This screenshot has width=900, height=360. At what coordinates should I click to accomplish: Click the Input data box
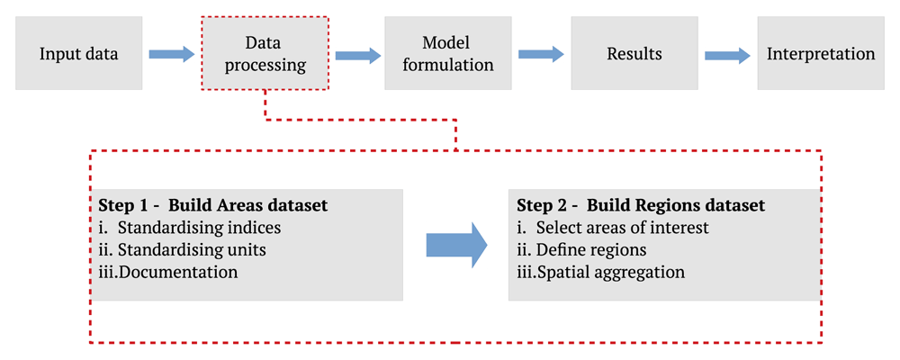pyautogui.click(x=78, y=53)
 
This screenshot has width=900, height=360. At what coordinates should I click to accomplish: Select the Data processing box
pyautogui.click(x=265, y=53)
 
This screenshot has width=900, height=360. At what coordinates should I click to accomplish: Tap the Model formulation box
pyautogui.click(x=448, y=53)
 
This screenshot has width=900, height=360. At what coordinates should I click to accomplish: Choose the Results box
pyautogui.click(x=634, y=53)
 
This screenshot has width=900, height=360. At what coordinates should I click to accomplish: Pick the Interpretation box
pyautogui.click(x=821, y=53)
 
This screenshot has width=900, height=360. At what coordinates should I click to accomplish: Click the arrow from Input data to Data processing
pyautogui.click(x=172, y=54)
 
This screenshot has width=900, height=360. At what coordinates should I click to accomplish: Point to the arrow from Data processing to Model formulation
pyautogui.click(x=358, y=55)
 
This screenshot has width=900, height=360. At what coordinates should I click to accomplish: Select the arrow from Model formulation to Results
pyautogui.click(x=541, y=54)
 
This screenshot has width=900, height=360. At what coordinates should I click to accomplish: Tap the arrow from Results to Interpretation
pyautogui.click(x=728, y=55)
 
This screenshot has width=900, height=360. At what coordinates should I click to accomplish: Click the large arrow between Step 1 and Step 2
pyautogui.click(x=457, y=245)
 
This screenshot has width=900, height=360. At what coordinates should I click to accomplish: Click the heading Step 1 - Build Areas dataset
pyautogui.click(x=213, y=205)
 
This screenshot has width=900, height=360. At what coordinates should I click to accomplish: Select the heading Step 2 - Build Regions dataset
pyautogui.click(x=641, y=205)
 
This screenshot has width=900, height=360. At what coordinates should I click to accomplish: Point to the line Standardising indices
pyautogui.click(x=190, y=228)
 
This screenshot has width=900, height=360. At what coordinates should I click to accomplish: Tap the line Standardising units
pyautogui.click(x=182, y=250)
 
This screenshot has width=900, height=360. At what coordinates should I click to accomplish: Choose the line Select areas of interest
pyautogui.click(x=613, y=228)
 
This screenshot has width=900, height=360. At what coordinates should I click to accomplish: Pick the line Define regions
pyautogui.click(x=581, y=250)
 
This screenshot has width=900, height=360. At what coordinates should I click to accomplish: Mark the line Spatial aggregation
pyautogui.click(x=601, y=272)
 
